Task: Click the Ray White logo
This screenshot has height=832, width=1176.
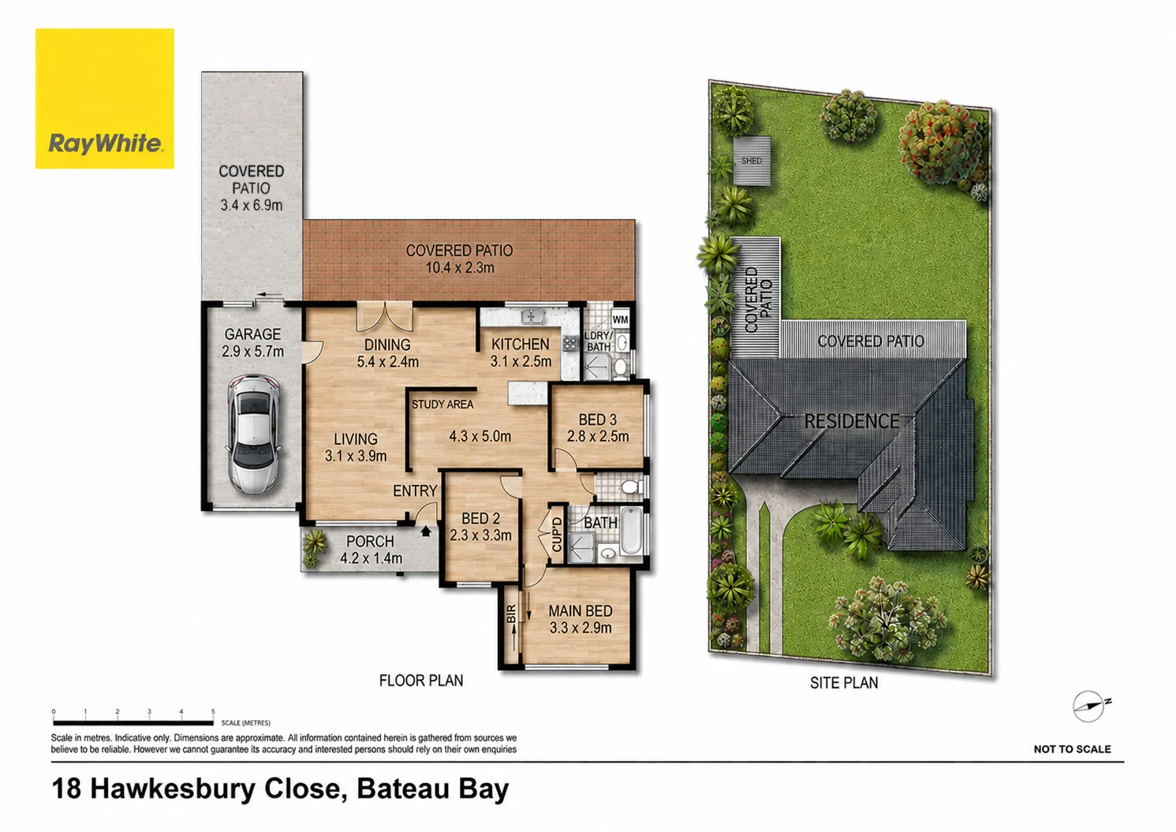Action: click(104, 99)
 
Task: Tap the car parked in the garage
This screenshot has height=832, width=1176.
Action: click(253, 434)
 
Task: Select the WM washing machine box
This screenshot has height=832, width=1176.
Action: click(620, 319)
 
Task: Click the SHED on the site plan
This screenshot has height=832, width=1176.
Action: click(752, 161)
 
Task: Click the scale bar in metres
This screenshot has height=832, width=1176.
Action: click(133, 723)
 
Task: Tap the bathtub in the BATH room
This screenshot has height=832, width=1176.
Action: click(631, 530)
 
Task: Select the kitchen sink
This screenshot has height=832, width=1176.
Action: click(532, 316)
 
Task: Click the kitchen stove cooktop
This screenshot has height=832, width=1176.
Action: click(570, 344)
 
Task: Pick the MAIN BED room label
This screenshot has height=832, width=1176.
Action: click(581, 611)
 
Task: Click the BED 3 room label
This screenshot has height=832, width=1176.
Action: click(597, 420)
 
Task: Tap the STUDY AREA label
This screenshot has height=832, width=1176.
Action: click(442, 405)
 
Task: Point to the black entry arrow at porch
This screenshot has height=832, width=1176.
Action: click(426, 531)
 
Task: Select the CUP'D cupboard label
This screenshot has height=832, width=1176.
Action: click(557, 535)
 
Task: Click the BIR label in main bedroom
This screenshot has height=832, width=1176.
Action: click(511, 614)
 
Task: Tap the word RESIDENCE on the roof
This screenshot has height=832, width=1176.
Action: click(852, 421)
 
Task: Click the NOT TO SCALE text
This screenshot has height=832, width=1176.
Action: click(1072, 749)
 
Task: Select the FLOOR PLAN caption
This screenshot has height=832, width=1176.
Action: click(421, 681)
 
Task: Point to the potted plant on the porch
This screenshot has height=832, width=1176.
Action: click(313, 547)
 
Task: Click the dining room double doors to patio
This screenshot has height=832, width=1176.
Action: click(385, 317)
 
